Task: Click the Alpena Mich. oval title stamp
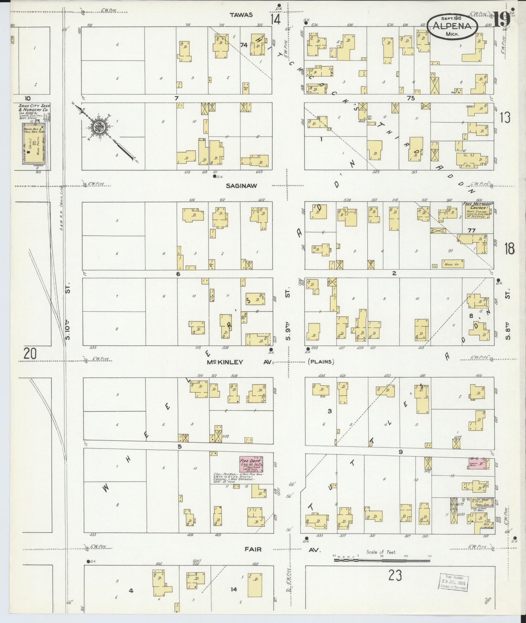451,26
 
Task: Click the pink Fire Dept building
251,465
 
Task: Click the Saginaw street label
241,185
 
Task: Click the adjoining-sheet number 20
30,353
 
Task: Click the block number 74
244,45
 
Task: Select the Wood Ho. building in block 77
452,263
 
